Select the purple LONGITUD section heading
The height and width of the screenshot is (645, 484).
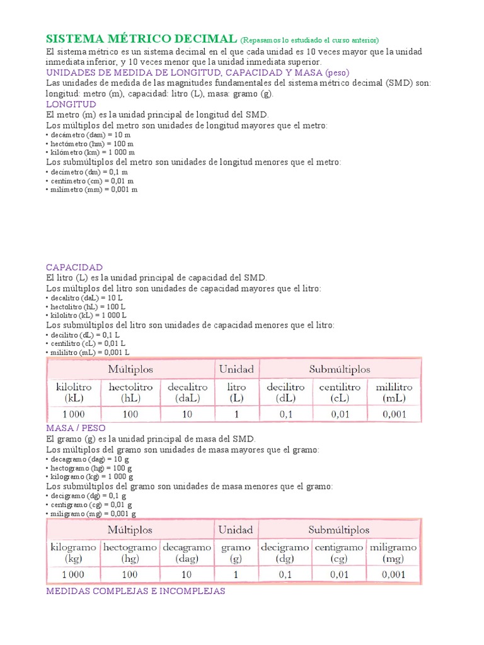tap(71, 104)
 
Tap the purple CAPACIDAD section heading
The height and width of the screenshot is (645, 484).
tap(74, 267)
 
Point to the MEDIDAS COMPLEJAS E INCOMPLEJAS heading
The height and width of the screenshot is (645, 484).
tap(135, 592)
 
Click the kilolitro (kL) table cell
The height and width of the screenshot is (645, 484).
tap(74, 392)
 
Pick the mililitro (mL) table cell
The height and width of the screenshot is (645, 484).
tap(394, 392)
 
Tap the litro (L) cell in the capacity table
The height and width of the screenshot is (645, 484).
tap(236, 392)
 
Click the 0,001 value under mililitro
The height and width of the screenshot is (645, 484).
tap(394, 414)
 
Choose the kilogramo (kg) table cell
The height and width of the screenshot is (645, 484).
tap(73, 553)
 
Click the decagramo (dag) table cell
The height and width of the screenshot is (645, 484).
tap(186, 553)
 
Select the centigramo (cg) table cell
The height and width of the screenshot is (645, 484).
tap(339, 553)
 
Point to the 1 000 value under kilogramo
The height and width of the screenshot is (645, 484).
tap(73, 574)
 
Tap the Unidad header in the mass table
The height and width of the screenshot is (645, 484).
tap(236, 530)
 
